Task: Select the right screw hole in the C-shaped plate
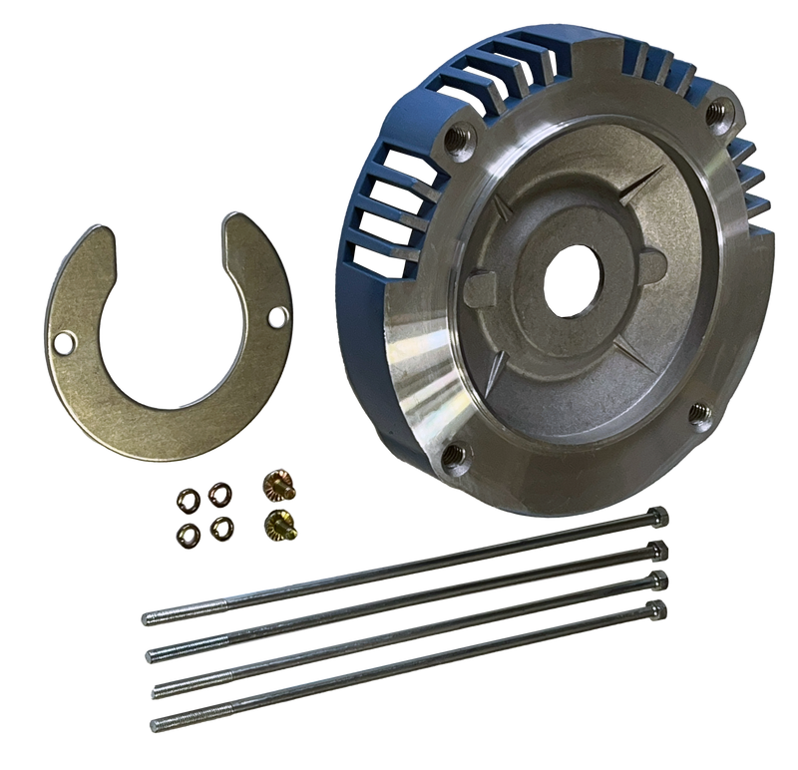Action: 272,317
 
